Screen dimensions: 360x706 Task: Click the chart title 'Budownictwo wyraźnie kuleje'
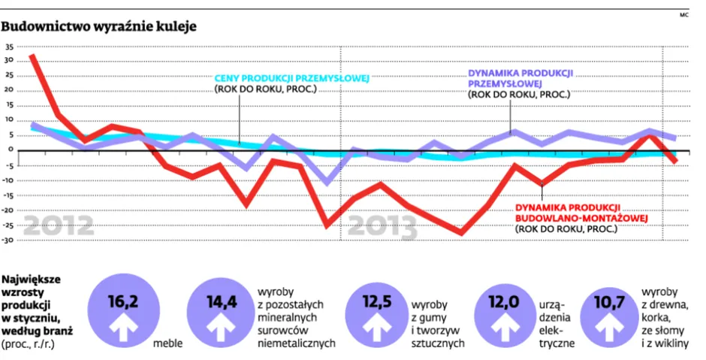99,26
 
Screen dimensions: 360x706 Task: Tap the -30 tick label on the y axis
8,241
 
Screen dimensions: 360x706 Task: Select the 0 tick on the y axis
11,149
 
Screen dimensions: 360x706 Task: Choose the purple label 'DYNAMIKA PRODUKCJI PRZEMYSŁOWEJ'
520,77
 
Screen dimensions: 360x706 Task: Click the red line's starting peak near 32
32,55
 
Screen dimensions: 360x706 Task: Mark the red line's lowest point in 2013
461,233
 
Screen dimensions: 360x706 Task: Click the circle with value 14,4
222,312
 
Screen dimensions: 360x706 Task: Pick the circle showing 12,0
504,312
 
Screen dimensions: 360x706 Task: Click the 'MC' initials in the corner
683,14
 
